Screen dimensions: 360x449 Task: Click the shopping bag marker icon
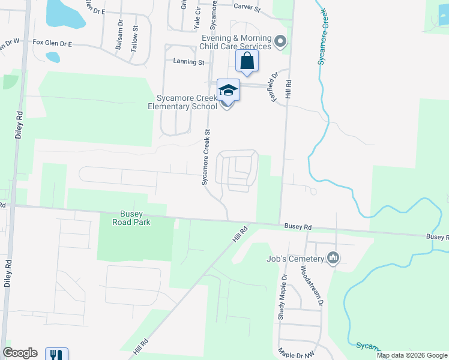click(x=247, y=61)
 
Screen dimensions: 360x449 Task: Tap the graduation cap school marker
click(x=228, y=91)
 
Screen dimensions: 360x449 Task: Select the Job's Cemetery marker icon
click(x=334, y=259)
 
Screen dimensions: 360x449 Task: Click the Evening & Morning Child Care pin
click(x=280, y=41)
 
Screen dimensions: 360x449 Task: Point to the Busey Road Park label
click(x=131, y=217)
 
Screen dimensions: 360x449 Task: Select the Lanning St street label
click(x=188, y=62)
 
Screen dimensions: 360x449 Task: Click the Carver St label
click(x=247, y=9)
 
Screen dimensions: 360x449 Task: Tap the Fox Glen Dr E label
click(x=52, y=43)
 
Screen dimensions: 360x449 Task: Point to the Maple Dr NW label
click(x=296, y=353)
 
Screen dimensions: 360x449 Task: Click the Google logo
click(x=20, y=353)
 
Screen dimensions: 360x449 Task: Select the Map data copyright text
click(x=412, y=355)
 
